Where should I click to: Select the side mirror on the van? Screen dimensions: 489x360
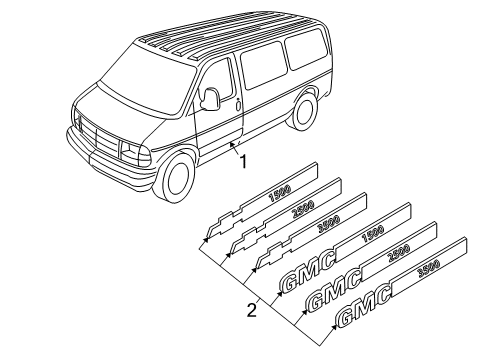(x=210, y=98)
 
